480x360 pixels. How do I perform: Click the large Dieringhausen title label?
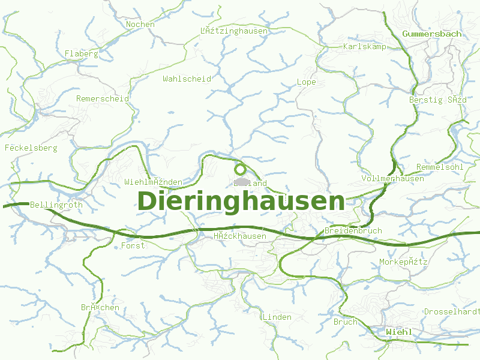pos(241,202)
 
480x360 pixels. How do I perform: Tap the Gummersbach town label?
pos(432,34)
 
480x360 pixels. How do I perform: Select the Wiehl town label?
pos(399,332)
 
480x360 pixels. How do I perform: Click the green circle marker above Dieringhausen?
pos(241,169)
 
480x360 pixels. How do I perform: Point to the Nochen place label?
pos(140,25)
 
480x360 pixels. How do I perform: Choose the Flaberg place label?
pos(81,53)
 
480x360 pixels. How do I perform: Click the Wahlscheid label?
pos(187,79)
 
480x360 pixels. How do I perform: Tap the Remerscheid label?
pos(102,98)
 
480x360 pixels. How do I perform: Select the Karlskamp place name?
pos(365,46)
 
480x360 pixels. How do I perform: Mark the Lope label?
pos(306,82)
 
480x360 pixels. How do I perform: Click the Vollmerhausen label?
pos(393,179)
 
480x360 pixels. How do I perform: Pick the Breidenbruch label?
pos(353,231)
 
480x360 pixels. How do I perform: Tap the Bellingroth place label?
pos(56,205)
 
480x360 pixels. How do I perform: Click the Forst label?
pos(133,245)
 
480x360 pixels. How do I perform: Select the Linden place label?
pos(277,317)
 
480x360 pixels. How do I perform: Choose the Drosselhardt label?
pos(452,312)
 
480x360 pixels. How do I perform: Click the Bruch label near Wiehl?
pos(345,322)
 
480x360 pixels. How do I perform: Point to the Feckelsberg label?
pos(31,148)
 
